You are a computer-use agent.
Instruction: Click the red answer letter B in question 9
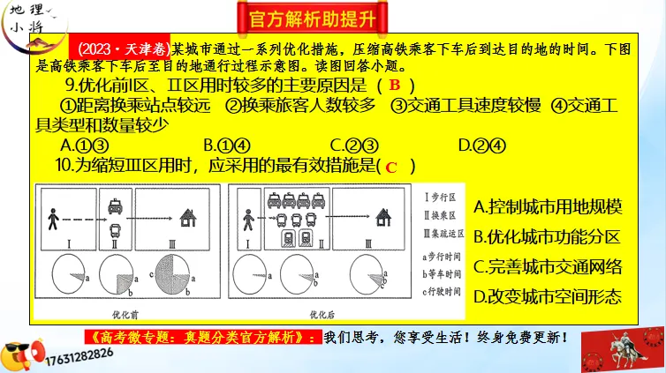click(395, 86)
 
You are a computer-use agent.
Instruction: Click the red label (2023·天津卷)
click(124, 47)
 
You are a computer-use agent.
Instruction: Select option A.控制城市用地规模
click(548, 207)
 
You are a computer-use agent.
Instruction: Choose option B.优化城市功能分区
click(548, 236)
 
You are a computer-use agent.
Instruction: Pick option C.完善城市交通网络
click(548, 266)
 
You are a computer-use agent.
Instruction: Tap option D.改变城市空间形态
click(548, 296)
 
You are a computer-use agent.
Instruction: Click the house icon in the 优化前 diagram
click(187, 217)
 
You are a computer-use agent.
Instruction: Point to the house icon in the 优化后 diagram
click(384, 217)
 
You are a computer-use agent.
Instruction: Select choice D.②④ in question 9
click(482, 145)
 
